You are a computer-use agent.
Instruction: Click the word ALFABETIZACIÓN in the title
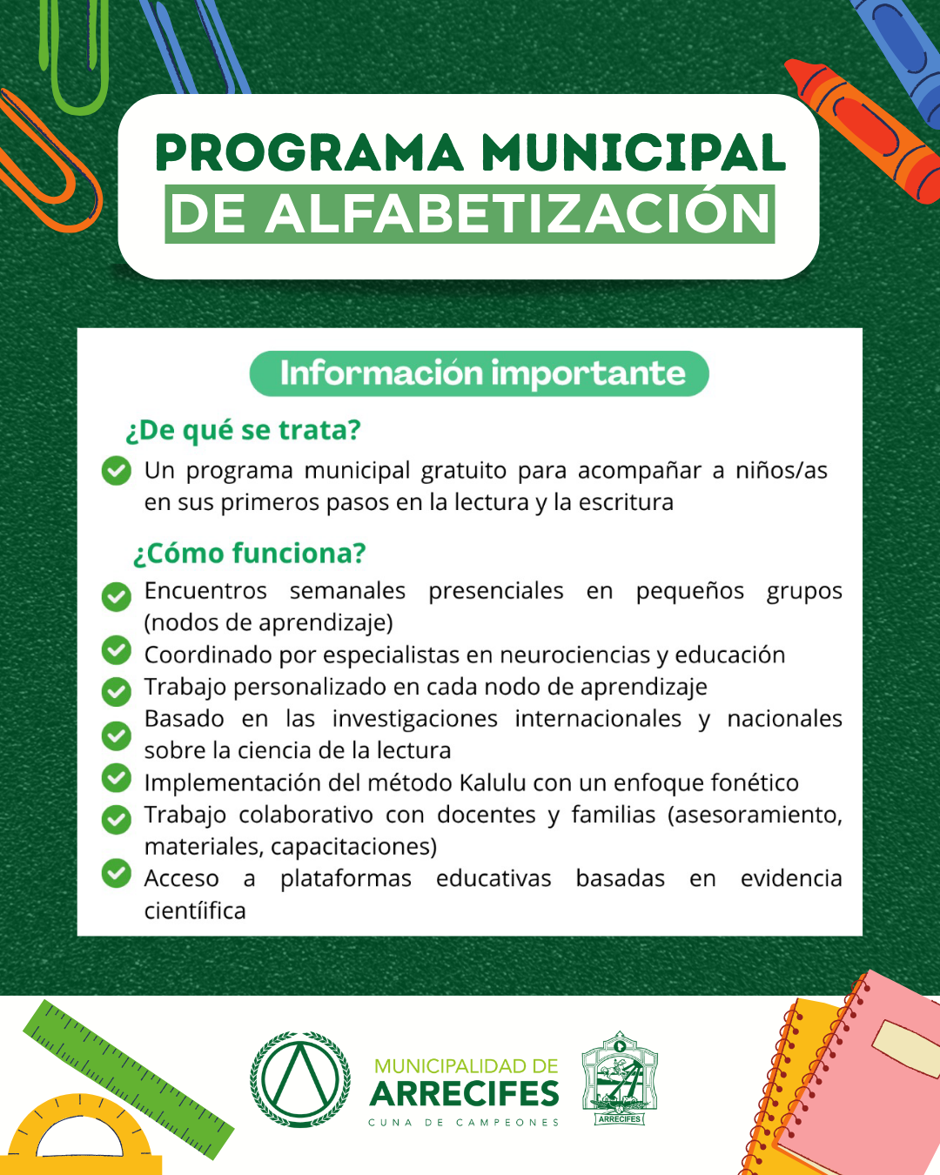pos(520,214)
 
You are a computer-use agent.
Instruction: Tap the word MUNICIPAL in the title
pos(633,153)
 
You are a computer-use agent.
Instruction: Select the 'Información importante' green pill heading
pos(480,373)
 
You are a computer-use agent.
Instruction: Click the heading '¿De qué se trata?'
pos(243,430)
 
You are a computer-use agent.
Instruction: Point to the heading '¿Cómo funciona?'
pos(249,553)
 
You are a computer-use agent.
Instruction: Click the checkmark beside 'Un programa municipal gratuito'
pos(116,470)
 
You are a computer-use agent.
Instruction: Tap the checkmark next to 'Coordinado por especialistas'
pos(116,650)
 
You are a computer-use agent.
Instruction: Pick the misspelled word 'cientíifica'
pos(195,910)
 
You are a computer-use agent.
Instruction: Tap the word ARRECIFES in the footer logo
pos(465,1093)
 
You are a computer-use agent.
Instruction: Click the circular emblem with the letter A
pos(300,1079)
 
